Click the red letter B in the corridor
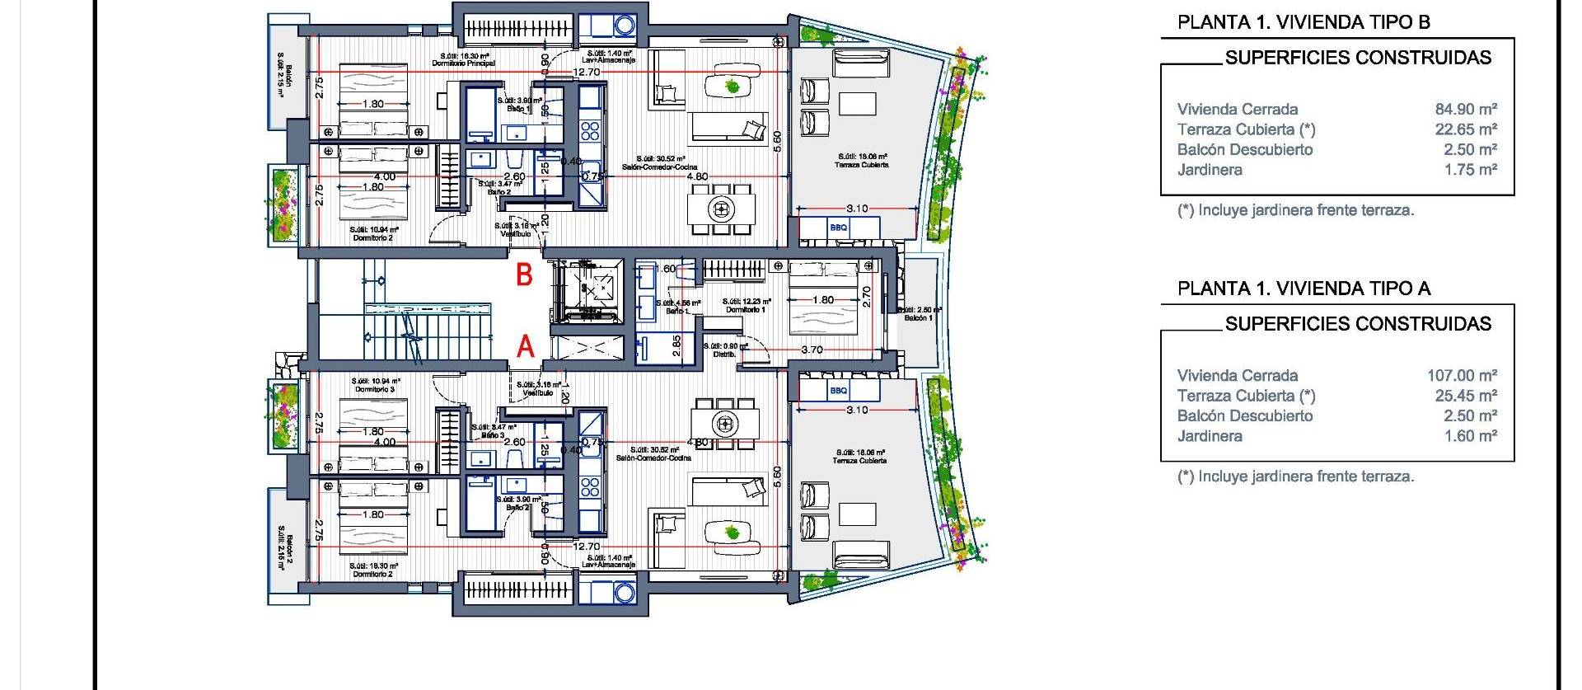[x=524, y=275]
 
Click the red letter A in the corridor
[x=525, y=348]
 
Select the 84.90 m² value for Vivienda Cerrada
[x=1465, y=109]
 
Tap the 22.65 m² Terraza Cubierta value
[x=1465, y=129]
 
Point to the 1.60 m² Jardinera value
[x=1469, y=436]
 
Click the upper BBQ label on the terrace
[x=839, y=228]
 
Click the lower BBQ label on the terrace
[x=839, y=391]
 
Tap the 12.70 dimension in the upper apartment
[x=586, y=73]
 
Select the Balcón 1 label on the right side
[x=918, y=317]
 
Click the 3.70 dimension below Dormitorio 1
[x=812, y=350]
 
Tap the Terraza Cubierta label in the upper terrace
[x=862, y=165]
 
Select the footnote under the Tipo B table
[x=1295, y=210]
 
